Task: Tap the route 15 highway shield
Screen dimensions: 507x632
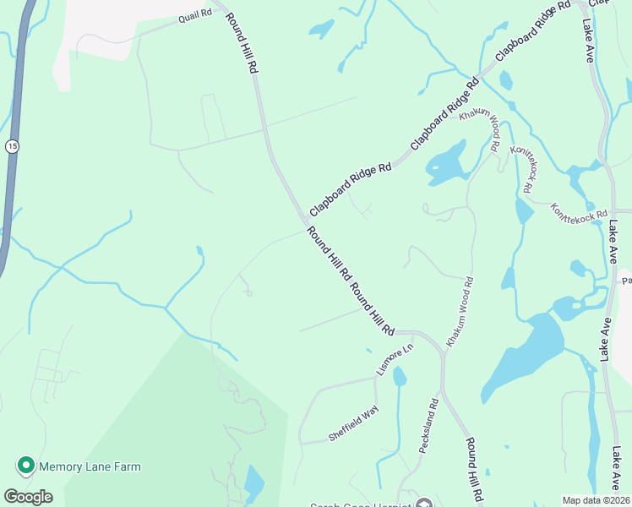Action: click(11, 146)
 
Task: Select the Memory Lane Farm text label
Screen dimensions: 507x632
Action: click(89, 466)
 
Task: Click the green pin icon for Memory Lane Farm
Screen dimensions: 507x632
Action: click(25, 466)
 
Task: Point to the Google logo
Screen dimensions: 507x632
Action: click(28, 497)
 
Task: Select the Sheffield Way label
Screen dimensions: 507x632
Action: click(354, 425)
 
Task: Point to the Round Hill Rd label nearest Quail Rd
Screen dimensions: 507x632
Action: click(241, 42)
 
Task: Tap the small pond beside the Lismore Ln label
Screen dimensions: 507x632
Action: click(400, 376)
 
